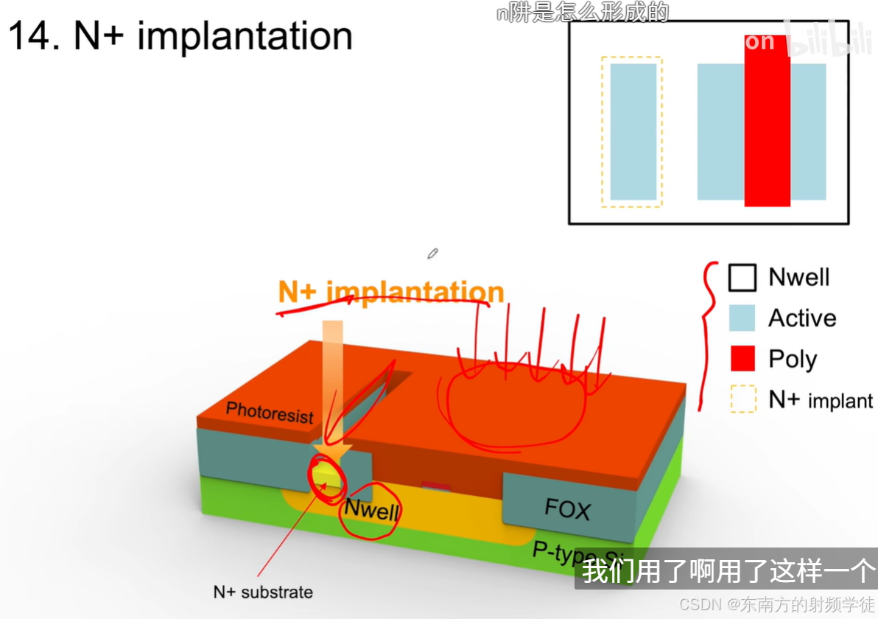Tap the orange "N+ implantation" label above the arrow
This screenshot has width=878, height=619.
click(x=390, y=293)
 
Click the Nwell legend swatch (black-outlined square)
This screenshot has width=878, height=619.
click(x=742, y=278)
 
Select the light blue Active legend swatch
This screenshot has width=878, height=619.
click(x=742, y=318)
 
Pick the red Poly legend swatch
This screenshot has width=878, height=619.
click(x=742, y=359)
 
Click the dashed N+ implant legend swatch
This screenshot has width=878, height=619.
click(x=742, y=399)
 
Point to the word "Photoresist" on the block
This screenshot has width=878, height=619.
click(x=270, y=412)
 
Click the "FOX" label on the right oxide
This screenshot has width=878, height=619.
click(x=567, y=508)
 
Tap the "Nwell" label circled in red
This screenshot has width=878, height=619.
click(x=372, y=510)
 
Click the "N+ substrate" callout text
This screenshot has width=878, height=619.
click(x=263, y=592)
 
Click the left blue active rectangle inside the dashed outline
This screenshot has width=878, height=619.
click(x=633, y=131)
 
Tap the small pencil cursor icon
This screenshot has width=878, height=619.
click(x=432, y=254)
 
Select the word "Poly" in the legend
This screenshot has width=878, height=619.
click(x=793, y=360)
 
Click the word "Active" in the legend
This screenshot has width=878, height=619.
click(x=802, y=318)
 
